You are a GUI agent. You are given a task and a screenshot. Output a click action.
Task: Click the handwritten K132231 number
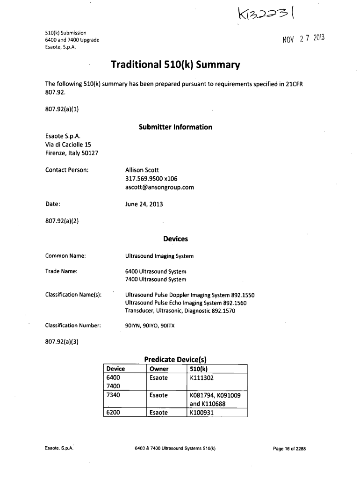click(265, 19)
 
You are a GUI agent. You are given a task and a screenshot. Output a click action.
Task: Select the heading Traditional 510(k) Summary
click(175, 65)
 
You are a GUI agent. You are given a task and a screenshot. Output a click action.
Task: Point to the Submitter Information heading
click(175, 127)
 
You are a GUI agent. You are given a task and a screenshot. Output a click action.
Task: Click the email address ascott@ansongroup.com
click(159, 187)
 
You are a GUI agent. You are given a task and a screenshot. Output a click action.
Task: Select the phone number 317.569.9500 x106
click(151, 179)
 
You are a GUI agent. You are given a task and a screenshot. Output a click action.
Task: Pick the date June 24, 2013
click(144, 204)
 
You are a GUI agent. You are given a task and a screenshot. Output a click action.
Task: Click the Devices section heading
click(175, 239)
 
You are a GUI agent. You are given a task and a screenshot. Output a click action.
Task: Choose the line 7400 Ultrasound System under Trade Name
click(156, 280)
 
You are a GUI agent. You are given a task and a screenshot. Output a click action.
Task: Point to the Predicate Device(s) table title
click(175, 360)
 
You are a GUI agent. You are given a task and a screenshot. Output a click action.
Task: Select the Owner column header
click(158, 369)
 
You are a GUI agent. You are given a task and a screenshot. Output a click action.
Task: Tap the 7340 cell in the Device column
click(114, 395)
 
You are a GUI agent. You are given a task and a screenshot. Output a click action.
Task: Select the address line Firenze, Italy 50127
click(71, 153)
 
